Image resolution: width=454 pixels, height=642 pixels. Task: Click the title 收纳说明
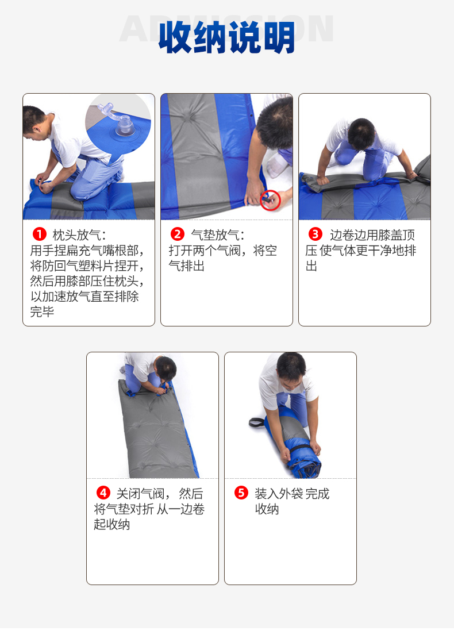pyautogui.click(x=226, y=37)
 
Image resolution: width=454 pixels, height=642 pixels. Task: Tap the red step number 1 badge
pyautogui.click(x=39, y=234)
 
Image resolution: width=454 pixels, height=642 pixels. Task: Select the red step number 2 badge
pyautogui.click(x=177, y=234)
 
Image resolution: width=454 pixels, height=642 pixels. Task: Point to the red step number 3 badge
pyautogui.click(x=316, y=234)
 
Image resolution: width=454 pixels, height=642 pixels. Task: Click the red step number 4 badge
pyautogui.click(x=103, y=493)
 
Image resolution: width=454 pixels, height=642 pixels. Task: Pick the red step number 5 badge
pyautogui.click(x=241, y=493)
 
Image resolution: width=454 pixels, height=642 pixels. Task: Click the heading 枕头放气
pyautogui.click(x=77, y=235)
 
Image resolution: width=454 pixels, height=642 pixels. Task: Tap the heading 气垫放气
pyautogui.click(x=216, y=235)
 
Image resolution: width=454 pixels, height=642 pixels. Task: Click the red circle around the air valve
pyautogui.click(x=270, y=200)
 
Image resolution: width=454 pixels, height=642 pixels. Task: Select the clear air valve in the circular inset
pyautogui.click(x=119, y=121)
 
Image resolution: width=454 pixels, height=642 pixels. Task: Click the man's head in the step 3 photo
pyautogui.click(x=361, y=133)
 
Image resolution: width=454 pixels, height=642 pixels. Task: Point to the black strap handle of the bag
pyautogui.click(x=257, y=422)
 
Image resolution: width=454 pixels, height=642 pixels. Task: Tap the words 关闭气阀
pyautogui.click(x=140, y=494)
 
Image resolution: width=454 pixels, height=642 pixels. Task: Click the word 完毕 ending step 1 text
pyautogui.click(x=42, y=312)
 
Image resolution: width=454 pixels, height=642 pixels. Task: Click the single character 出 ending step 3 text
pyautogui.click(x=311, y=266)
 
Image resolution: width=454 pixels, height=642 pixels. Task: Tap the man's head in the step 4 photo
pyautogui.click(x=166, y=368)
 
